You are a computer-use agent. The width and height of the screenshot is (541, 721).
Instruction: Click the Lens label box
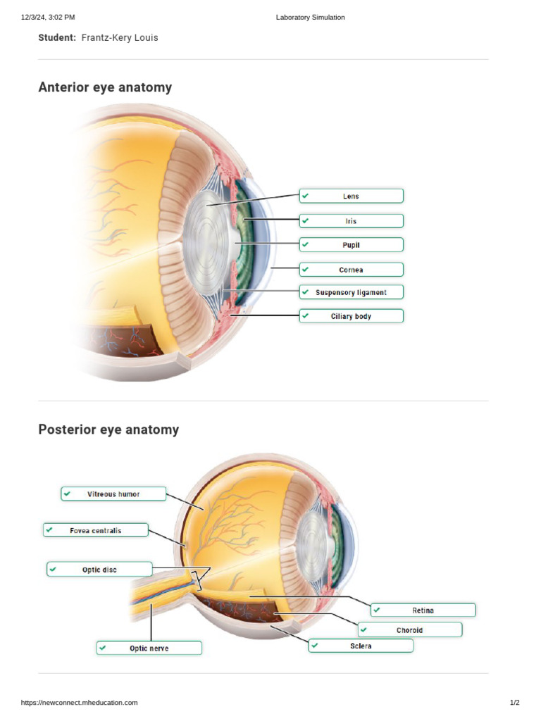coord(351,196)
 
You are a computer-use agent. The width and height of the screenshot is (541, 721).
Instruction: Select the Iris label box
coord(351,221)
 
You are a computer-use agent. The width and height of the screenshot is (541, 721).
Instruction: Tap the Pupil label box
coord(351,245)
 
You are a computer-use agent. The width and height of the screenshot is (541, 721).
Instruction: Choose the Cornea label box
coord(351,270)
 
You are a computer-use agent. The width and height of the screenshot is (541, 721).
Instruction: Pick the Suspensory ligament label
coord(351,291)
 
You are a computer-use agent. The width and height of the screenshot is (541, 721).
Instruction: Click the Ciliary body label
coord(351,316)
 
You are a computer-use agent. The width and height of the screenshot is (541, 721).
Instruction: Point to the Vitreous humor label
coord(113,494)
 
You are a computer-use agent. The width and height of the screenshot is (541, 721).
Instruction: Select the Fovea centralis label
coord(96,530)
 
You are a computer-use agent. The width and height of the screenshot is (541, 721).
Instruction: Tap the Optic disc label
coord(99,569)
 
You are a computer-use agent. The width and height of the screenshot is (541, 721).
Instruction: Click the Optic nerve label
coord(149,648)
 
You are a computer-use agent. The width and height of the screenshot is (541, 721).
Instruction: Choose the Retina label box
coord(423,610)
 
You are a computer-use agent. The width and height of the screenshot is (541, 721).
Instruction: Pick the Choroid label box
coord(409,629)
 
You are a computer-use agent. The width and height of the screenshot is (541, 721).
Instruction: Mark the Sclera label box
coord(361,646)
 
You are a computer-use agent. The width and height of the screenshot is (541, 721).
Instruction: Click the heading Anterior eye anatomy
coord(105,87)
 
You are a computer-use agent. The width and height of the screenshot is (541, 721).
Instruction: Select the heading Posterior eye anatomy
coord(108,430)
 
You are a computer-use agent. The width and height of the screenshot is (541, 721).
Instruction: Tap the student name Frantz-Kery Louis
coord(120,37)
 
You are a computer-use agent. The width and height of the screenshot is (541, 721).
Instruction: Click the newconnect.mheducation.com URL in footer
coord(80,703)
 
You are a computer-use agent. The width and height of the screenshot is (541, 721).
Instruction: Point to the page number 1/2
coord(514,703)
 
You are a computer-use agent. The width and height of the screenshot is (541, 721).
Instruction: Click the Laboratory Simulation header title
coord(311,17)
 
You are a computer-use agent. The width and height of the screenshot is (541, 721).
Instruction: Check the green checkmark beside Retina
coord(377,610)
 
